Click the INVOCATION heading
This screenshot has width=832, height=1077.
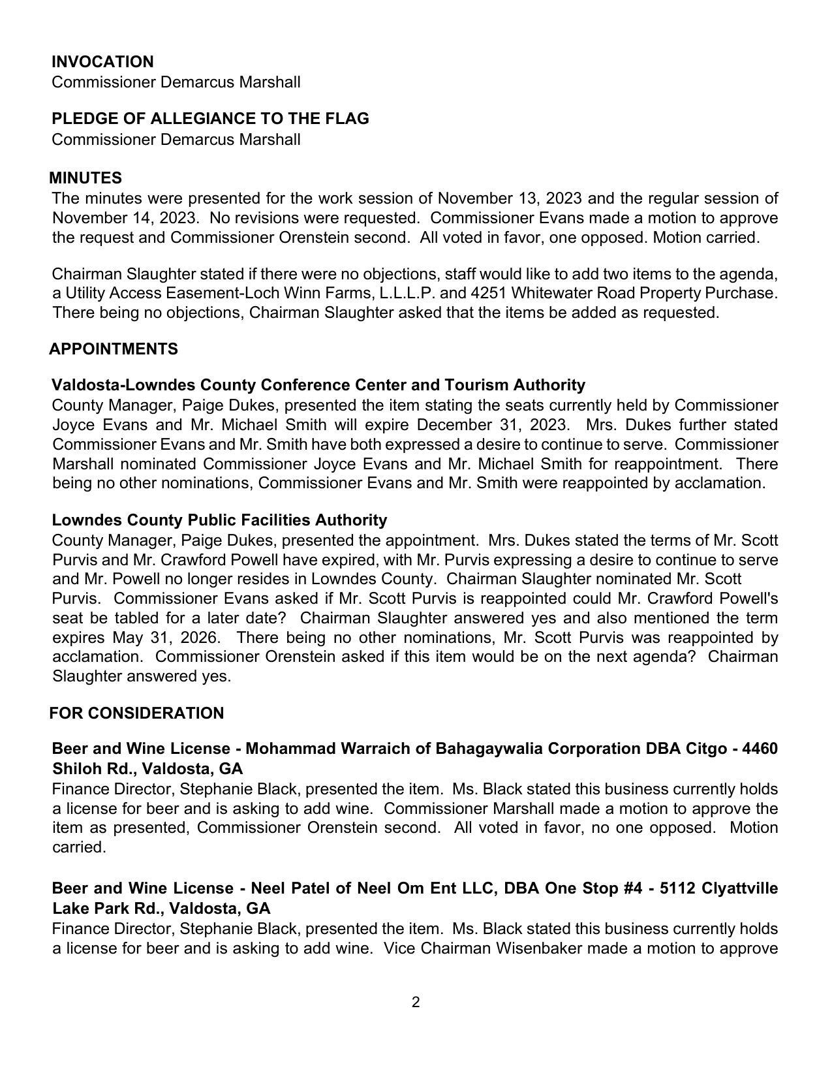pos(102,62)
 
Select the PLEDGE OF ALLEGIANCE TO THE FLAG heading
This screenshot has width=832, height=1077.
pos(210,119)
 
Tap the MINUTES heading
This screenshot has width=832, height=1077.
pos(85,178)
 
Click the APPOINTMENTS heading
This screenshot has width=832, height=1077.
pos(114,349)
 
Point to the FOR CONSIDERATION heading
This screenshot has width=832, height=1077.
pos(137,713)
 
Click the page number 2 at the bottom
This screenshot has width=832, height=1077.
pos(416,1003)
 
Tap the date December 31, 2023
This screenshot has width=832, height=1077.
pos(492,425)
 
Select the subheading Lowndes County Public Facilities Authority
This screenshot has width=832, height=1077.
pos(219,520)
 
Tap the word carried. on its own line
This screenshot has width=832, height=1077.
pos(78,848)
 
